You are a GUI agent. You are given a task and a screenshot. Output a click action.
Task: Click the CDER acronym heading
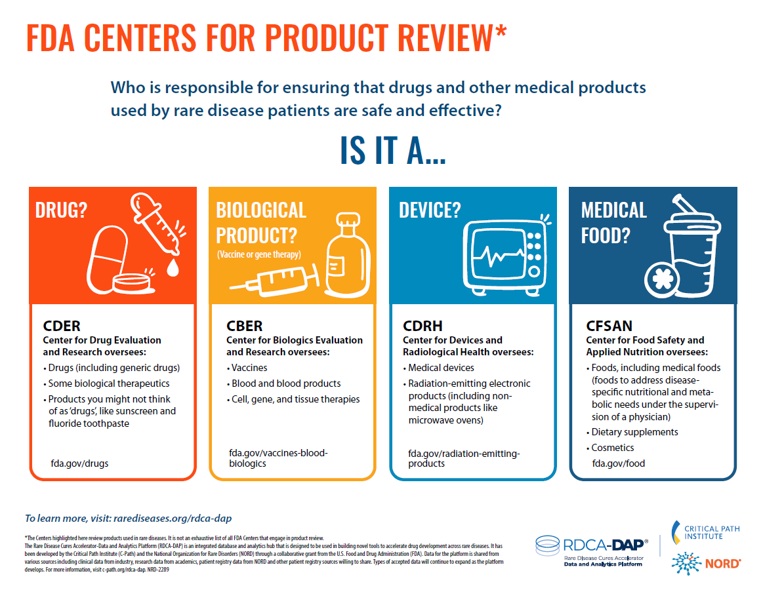(x=62, y=326)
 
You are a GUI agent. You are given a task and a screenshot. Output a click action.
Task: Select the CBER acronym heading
(x=244, y=326)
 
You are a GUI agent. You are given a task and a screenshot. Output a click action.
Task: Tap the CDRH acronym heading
(x=423, y=326)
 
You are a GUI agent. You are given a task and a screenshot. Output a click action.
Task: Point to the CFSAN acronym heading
(x=609, y=326)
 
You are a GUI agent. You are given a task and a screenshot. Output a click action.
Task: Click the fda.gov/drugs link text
(x=79, y=463)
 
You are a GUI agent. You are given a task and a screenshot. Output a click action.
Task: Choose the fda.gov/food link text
(x=618, y=463)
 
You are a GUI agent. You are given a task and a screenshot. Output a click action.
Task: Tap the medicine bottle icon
(x=344, y=254)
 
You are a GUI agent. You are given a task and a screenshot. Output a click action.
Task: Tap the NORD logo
(x=705, y=562)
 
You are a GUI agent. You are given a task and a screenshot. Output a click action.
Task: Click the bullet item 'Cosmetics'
(x=612, y=448)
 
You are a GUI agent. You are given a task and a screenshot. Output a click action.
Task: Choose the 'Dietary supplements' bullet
(x=634, y=432)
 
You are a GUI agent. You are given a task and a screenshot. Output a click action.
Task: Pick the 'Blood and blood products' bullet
(x=285, y=383)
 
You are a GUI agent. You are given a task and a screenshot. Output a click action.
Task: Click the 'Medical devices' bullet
(x=441, y=368)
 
